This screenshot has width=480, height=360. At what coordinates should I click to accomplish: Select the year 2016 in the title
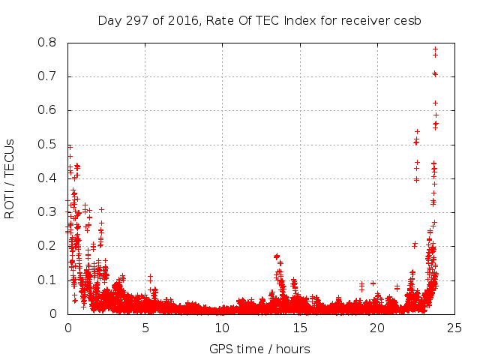[x=177, y=20]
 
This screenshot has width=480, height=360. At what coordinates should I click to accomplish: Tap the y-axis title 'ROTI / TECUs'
[x=10, y=178]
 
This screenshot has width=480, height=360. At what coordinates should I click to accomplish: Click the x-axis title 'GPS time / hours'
[x=259, y=349]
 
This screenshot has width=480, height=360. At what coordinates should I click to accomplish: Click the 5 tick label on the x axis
[x=145, y=328]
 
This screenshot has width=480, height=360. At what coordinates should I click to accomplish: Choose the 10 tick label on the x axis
[x=222, y=328]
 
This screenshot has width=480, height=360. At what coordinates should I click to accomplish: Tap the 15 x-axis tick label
[x=299, y=328]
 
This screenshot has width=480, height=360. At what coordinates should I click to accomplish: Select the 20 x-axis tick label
[x=376, y=328]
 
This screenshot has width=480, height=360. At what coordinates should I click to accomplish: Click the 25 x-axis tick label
[x=454, y=328]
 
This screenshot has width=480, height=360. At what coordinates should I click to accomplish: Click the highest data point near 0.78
[x=435, y=49]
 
